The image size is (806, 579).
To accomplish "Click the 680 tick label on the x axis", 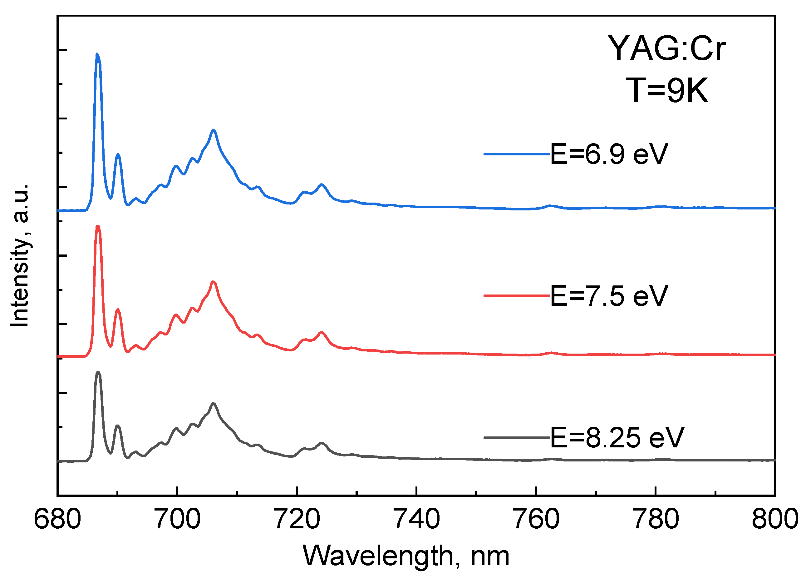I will tap(57, 520).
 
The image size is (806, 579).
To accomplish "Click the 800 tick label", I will tap(775, 520).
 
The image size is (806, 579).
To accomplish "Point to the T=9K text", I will tap(667, 91).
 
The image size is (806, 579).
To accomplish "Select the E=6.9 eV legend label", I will tap(609, 154).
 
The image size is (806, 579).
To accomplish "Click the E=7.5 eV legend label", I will tap(609, 296).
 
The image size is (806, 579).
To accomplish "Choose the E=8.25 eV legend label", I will tap(617, 437).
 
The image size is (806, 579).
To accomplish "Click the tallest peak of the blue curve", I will tap(97, 54).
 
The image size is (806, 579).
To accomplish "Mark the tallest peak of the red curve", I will tap(98, 226).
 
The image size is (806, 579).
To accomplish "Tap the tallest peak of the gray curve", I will tap(98, 372).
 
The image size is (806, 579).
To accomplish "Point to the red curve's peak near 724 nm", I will tap(322, 332).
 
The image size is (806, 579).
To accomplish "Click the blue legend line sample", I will tap(516, 154).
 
